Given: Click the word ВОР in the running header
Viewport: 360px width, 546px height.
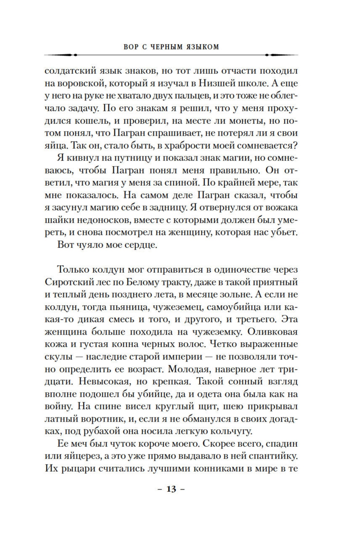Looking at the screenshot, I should click(131, 47).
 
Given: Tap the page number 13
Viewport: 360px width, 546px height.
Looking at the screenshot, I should click(171, 489).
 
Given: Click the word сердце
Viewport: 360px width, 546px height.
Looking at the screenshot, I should click(141, 245).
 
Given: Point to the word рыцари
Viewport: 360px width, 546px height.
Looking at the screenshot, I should click(76, 468).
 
